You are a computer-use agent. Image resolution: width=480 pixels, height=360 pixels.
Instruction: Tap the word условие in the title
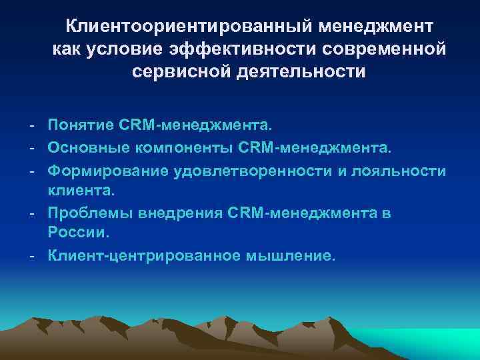127,49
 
